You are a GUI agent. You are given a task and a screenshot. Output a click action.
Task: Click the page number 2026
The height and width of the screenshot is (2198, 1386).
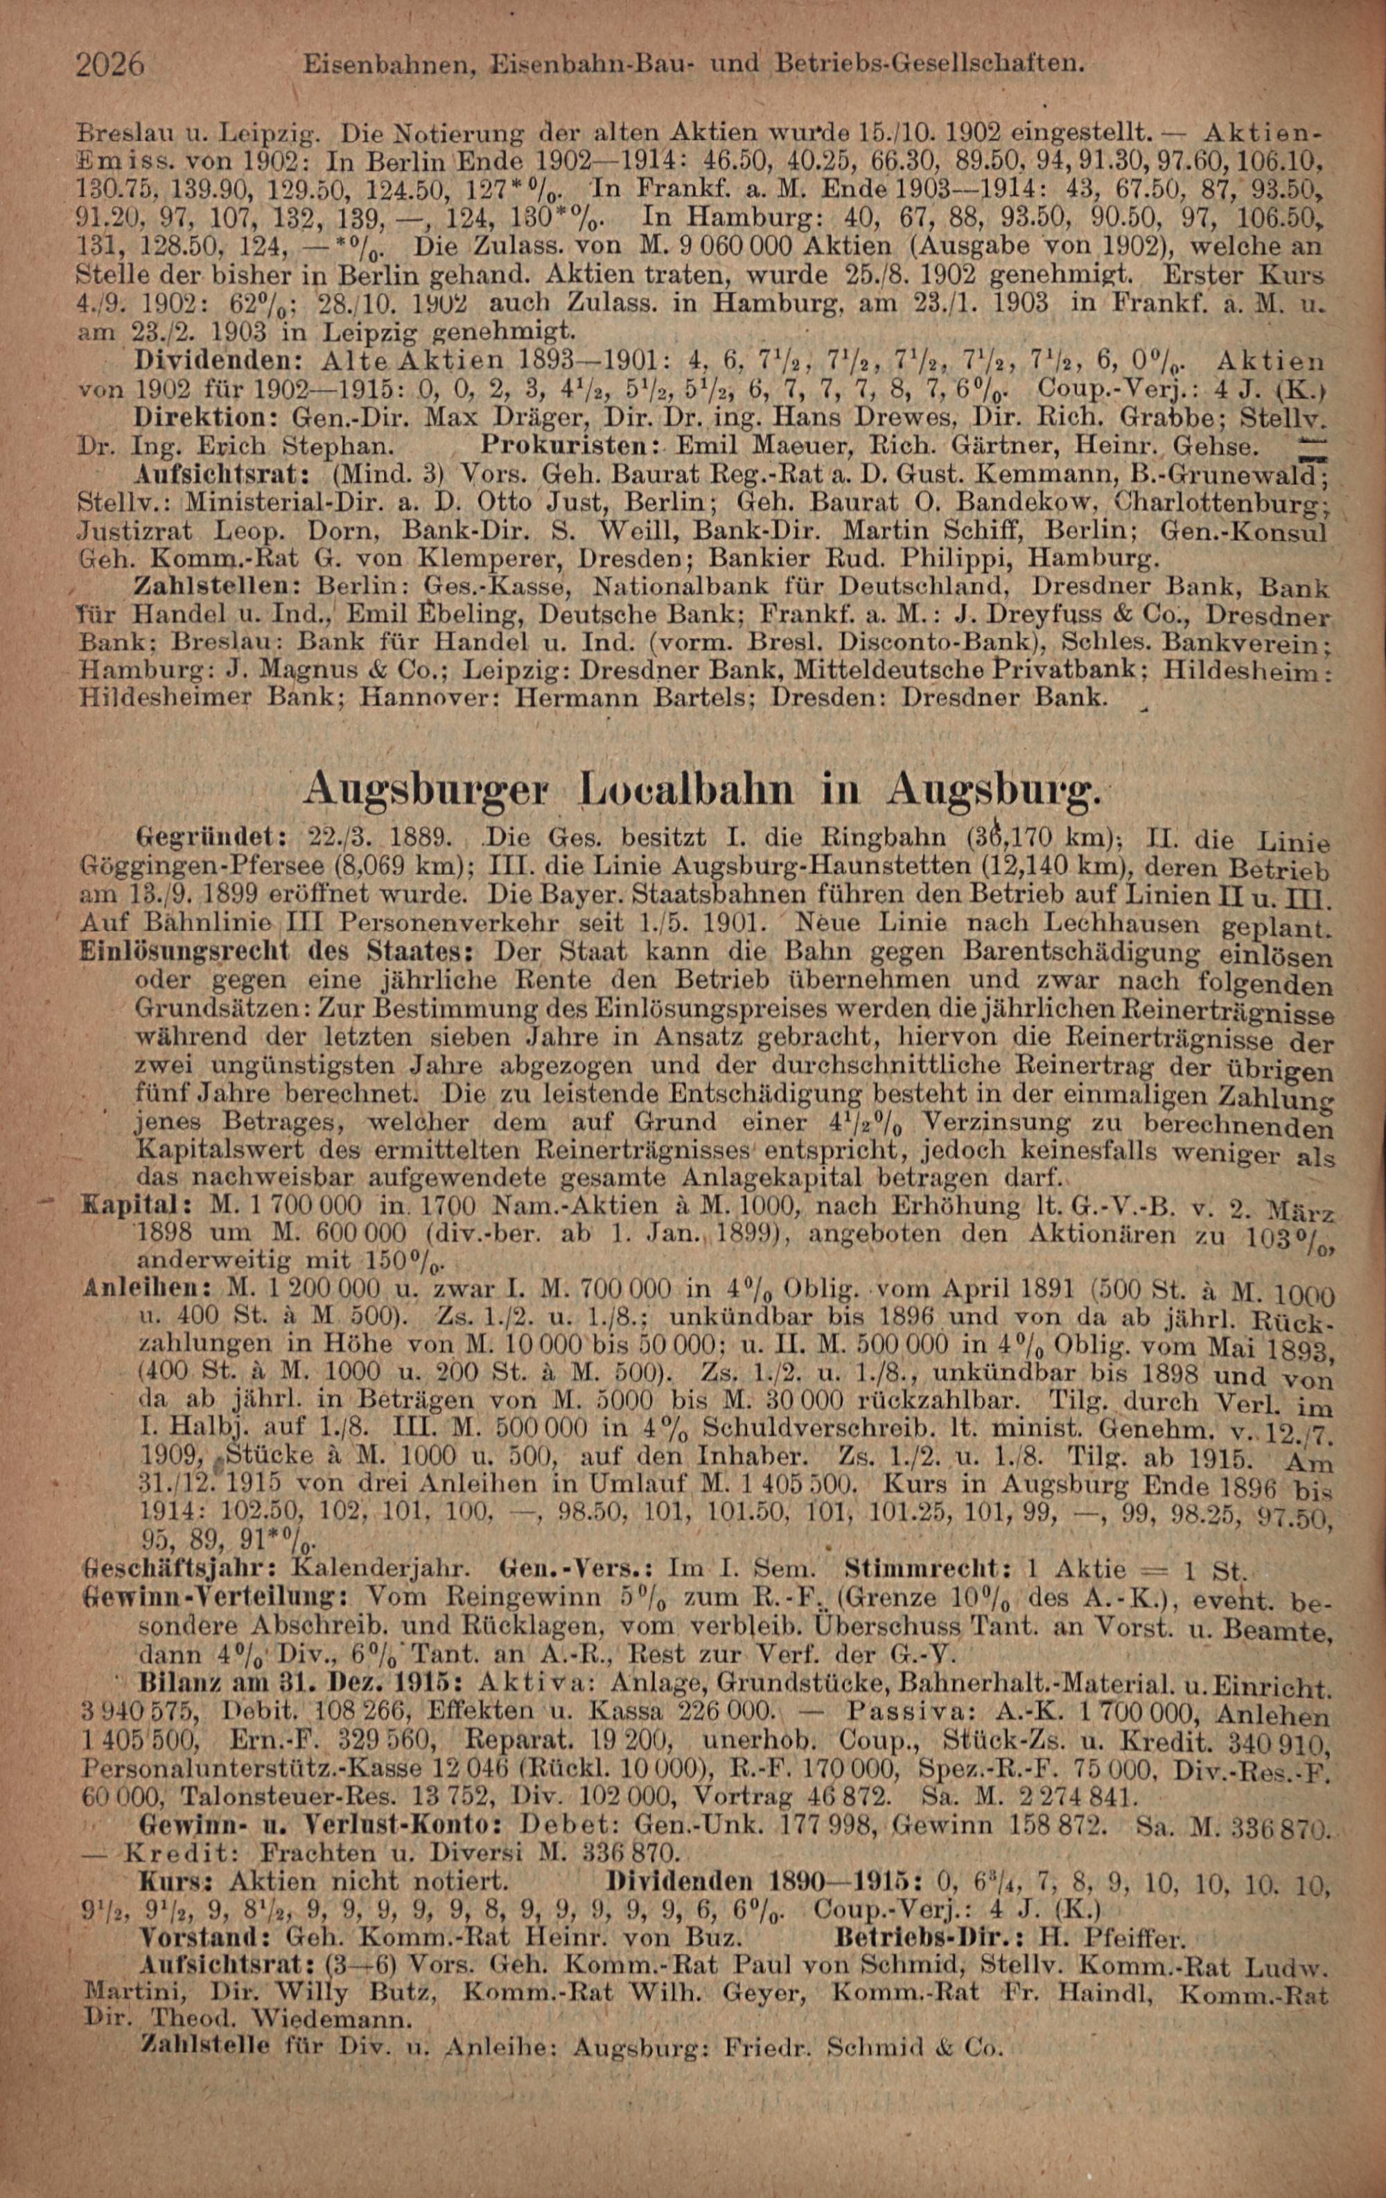[x=112, y=65]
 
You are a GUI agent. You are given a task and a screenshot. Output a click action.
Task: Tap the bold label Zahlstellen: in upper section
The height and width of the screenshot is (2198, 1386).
[x=216, y=583]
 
